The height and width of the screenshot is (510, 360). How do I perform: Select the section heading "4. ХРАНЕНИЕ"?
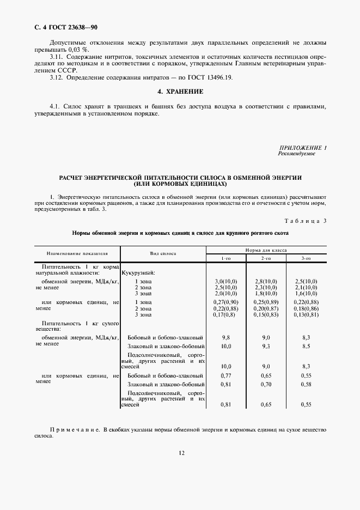coord(180,91)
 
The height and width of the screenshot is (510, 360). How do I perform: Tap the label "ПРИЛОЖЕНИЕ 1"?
coord(303,148)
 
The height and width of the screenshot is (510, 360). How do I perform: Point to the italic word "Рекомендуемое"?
coord(296,154)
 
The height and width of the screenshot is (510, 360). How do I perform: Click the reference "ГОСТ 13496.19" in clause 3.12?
coord(210,78)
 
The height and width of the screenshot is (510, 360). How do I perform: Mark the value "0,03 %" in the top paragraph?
coord(71,50)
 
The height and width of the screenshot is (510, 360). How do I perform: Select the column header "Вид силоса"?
coord(163,254)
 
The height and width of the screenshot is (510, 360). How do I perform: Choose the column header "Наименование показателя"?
coord(77,254)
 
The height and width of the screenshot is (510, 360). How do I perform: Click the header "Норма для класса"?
coord(266,250)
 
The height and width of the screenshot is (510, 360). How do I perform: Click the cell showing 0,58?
coord(306,384)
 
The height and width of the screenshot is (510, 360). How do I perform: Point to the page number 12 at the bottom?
coord(180,452)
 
